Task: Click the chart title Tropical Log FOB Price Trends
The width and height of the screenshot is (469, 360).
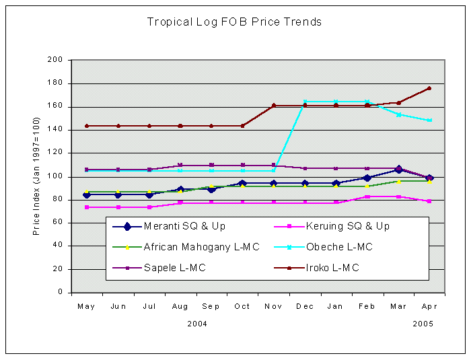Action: click(234, 22)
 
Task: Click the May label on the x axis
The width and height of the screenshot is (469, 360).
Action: click(86, 307)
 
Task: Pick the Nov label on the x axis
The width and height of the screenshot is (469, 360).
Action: click(273, 307)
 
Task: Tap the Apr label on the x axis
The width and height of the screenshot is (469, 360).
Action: click(429, 307)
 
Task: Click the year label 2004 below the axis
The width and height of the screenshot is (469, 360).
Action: click(196, 324)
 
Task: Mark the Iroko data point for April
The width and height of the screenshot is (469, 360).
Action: click(429, 88)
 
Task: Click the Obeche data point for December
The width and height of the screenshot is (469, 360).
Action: click(305, 102)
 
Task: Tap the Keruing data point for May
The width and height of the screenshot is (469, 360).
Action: click(86, 207)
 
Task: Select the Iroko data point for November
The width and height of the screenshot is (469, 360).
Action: click(273, 106)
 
